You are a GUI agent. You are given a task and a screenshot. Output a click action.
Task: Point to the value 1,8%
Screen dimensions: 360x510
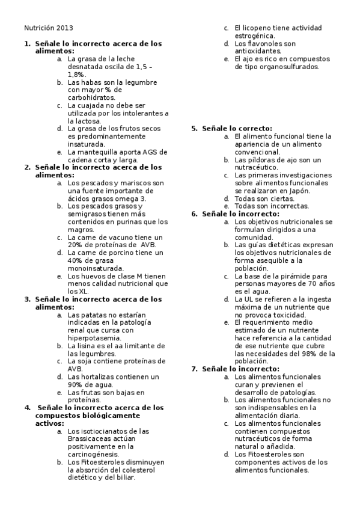[76, 74]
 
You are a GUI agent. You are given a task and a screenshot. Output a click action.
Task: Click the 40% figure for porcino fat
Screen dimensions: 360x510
[76, 261]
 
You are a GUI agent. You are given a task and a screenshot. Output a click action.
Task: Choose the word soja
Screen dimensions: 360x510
[82, 361]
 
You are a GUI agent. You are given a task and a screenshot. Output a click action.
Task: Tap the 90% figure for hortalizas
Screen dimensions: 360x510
[76, 385]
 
